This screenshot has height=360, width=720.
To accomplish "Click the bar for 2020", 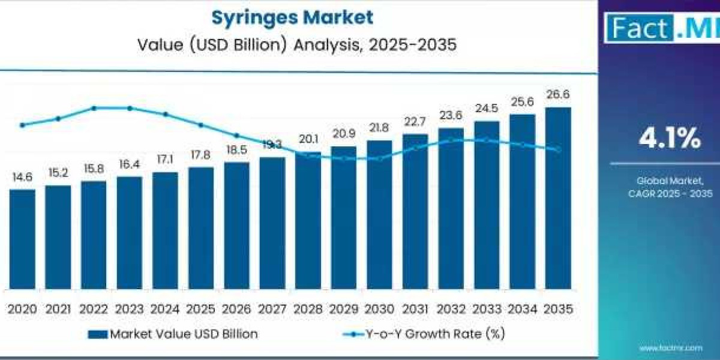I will pyautogui.click(x=22, y=239).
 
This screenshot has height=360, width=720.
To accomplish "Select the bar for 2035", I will pyautogui.click(x=557, y=198).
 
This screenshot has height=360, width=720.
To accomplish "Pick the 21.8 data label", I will pyautogui.click(x=379, y=128).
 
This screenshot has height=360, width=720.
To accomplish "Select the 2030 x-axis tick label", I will pyautogui.click(x=379, y=309).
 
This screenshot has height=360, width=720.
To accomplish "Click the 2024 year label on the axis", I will pyautogui.click(x=165, y=309).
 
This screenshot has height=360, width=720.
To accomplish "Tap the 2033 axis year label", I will pyautogui.click(x=487, y=309).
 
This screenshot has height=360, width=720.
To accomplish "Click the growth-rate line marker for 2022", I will pyautogui.click(x=94, y=108).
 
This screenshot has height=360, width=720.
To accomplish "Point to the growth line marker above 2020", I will pyautogui.click(x=22, y=125).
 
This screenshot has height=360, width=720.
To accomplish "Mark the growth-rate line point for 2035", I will pyautogui.click(x=557, y=149).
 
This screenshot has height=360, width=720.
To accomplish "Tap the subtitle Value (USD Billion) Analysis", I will pyautogui.click(x=292, y=45).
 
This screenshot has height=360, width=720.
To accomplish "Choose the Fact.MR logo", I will pyautogui.click(x=660, y=27).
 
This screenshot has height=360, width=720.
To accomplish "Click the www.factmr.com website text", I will pyautogui.click(x=670, y=347).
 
